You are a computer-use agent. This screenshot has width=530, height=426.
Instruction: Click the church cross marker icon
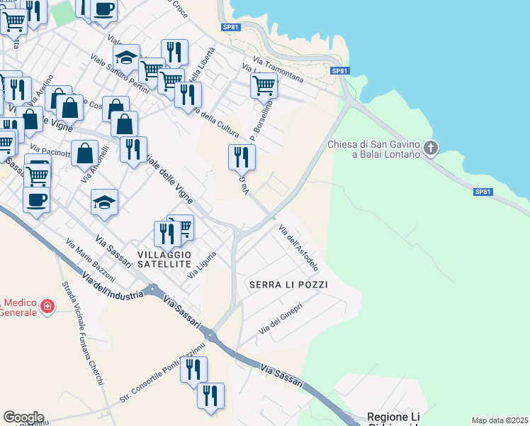tap(431, 148)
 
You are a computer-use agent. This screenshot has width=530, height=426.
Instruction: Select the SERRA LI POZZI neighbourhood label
tap(288, 285)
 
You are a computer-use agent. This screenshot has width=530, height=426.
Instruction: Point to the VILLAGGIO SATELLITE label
tap(164, 259)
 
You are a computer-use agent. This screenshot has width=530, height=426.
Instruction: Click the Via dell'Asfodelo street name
tap(298, 249)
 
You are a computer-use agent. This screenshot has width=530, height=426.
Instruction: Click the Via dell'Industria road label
tap(113, 286)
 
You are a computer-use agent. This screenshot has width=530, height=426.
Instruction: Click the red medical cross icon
tap(47, 307)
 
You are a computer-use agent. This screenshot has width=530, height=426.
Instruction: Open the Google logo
tap(23, 417)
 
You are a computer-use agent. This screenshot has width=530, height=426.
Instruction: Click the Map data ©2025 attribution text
tap(500, 420)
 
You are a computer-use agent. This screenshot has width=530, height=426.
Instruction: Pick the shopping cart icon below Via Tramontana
tap(264, 85)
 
